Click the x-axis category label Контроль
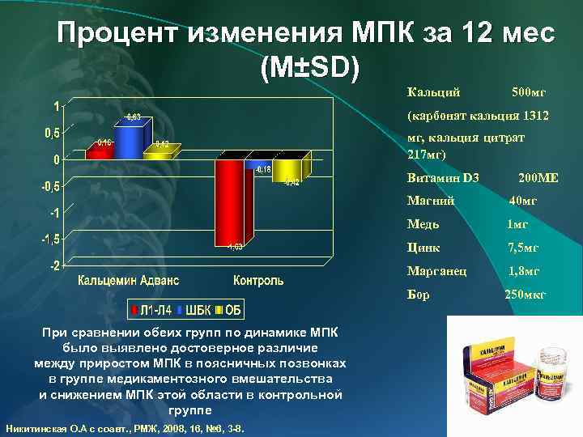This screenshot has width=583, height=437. (x=258, y=281)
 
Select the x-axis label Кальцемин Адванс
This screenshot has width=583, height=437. (x=129, y=281)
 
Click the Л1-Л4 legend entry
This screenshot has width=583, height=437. (x=154, y=309)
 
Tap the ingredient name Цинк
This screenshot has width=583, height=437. (x=423, y=248)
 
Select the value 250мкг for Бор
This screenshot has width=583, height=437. (x=526, y=295)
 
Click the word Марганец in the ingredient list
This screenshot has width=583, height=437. (x=436, y=271)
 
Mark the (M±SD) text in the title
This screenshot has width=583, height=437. (x=307, y=68)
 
